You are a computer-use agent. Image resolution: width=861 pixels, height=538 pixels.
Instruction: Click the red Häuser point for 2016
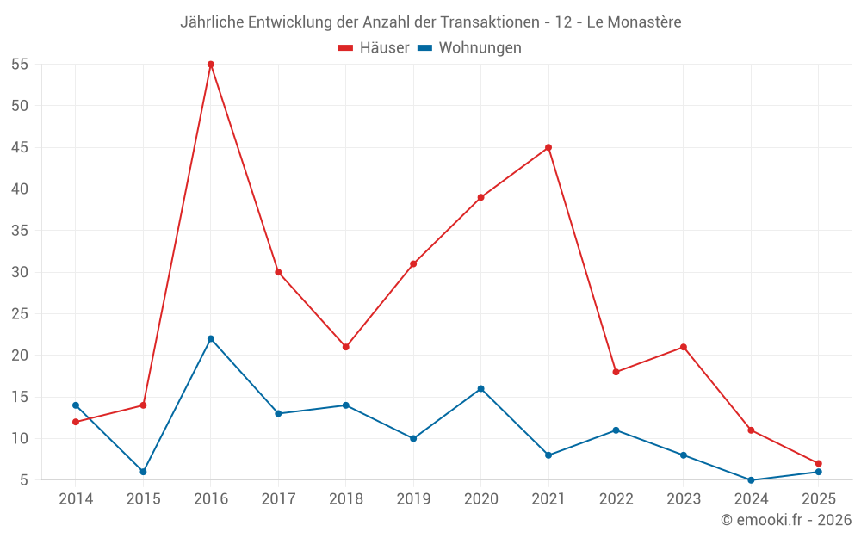click(x=211, y=65)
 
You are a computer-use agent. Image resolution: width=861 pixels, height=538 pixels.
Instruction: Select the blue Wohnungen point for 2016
click(x=211, y=338)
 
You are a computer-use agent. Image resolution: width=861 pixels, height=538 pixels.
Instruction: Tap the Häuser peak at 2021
click(x=548, y=147)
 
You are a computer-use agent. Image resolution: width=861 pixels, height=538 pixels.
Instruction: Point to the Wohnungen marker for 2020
click(x=480, y=388)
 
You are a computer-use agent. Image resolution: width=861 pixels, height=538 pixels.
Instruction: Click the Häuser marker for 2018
click(x=346, y=347)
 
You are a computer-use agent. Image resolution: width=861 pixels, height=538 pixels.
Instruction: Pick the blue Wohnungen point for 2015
click(x=143, y=472)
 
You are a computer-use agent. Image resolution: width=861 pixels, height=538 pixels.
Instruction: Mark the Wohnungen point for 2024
click(x=751, y=480)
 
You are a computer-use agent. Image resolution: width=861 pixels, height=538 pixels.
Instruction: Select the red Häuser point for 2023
click(x=684, y=347)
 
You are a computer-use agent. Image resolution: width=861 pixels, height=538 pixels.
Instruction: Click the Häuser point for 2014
click(x=76, y=422)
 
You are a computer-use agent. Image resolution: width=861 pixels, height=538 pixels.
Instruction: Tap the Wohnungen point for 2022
click(x=616, y=430)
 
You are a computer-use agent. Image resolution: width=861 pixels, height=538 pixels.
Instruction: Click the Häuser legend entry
click(x=374, y=48)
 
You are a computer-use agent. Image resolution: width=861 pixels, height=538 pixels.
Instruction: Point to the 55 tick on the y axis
click(x=20, y=65)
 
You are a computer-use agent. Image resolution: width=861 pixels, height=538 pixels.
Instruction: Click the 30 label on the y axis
click(x=20, y=272)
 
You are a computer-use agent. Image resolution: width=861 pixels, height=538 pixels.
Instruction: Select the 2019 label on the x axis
click(x=413, y=499)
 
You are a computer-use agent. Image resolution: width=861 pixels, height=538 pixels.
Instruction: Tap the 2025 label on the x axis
click(x=818, y=499)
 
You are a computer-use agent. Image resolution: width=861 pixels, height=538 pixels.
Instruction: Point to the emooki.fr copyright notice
click(x=785, y=520)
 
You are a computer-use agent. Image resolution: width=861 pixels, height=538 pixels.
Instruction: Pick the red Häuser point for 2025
click(x=818, y=463)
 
